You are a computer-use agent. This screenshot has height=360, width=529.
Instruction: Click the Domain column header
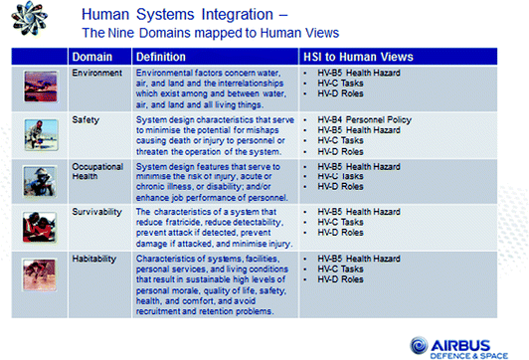(x=91, y=58)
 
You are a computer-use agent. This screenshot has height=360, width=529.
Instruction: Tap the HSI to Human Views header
(x=351, y=58)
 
